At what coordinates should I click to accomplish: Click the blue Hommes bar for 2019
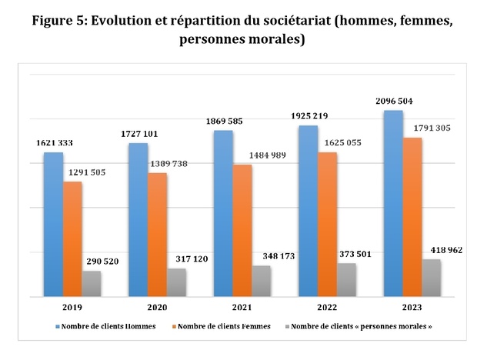[53, 224]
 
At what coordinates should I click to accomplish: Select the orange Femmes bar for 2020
[158, 234]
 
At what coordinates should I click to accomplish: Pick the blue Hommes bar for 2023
[392, 203]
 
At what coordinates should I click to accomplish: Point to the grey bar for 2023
[432, 278]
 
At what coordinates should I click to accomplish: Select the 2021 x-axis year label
[241, 306]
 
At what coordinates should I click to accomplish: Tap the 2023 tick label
[411, 306]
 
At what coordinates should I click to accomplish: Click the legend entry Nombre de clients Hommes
[108, 326]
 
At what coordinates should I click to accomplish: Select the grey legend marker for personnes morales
[286, 326]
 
